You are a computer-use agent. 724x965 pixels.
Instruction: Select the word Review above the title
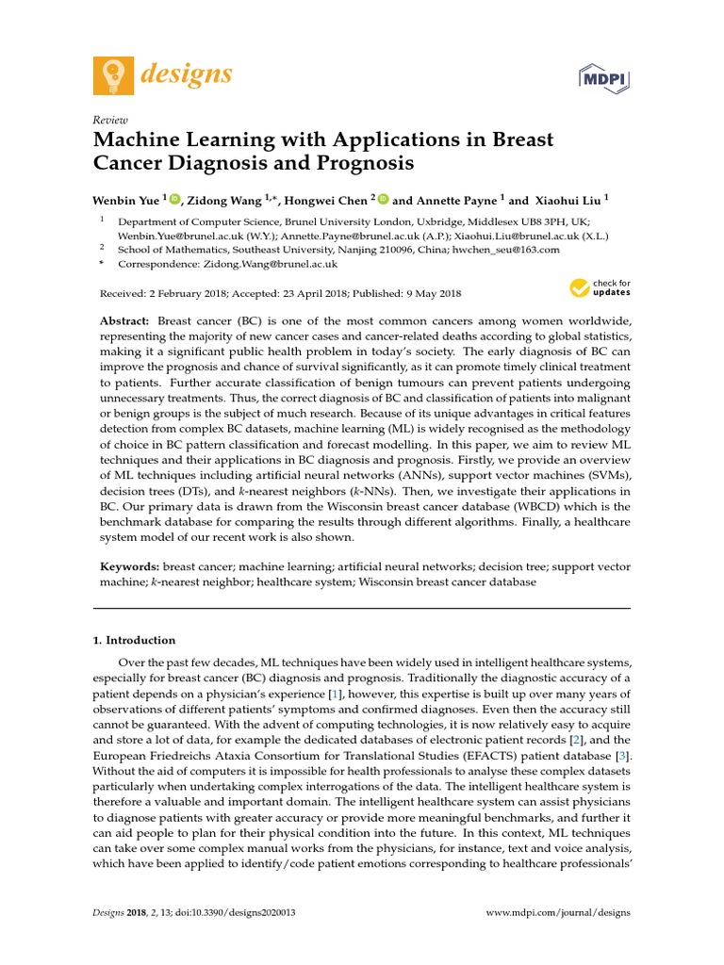click(x=109, y=121)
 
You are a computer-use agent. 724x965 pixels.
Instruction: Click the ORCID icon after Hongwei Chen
click(x=384, y=199)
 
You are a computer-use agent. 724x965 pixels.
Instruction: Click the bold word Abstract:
click(x=126, y=321)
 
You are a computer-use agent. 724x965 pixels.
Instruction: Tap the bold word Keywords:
click(x=129, y=567)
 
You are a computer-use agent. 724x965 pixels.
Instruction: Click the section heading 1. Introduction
click(x=134, y=640)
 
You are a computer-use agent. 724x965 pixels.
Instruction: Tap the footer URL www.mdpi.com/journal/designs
click(x=558, y=913)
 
